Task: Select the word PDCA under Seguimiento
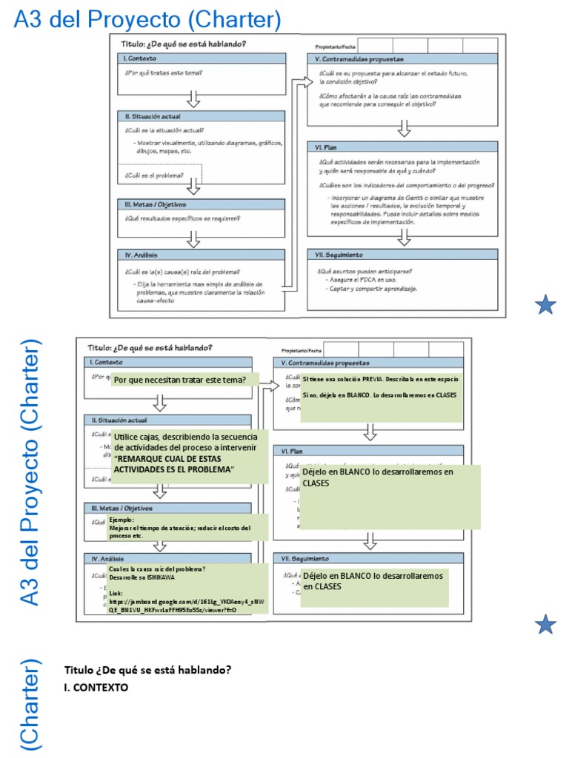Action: [x=364, y=279]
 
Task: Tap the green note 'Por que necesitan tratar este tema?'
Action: [x=179, y=380]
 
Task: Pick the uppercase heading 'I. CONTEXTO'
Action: [x=96, y=687]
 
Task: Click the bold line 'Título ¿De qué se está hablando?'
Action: [x=147, y=670]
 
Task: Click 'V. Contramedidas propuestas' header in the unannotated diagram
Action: [x=359, y=59]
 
